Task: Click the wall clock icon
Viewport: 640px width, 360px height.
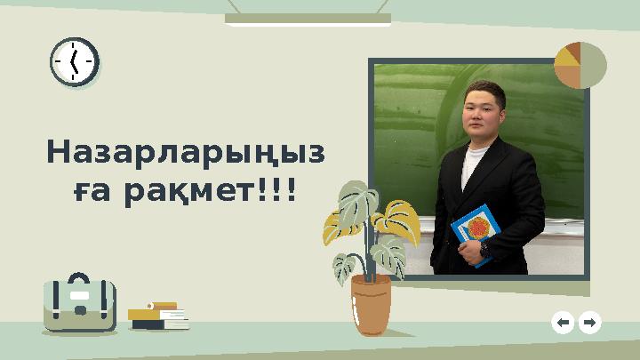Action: coord(74,62)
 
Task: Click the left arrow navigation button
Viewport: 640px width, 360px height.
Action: coord(562,323)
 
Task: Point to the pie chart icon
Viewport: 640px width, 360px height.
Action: coord(580,65)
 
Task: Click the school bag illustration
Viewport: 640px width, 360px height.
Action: coord(79,305)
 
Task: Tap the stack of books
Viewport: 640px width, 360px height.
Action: coord(158,316)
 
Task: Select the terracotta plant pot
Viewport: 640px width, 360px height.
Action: coord(371,303)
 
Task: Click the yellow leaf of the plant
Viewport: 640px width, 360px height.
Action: coord(399,219)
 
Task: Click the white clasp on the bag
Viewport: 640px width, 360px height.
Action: coord(79,294)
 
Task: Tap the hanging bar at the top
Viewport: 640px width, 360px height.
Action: coord(308,18)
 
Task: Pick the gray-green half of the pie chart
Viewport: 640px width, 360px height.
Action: coord(594,65)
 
